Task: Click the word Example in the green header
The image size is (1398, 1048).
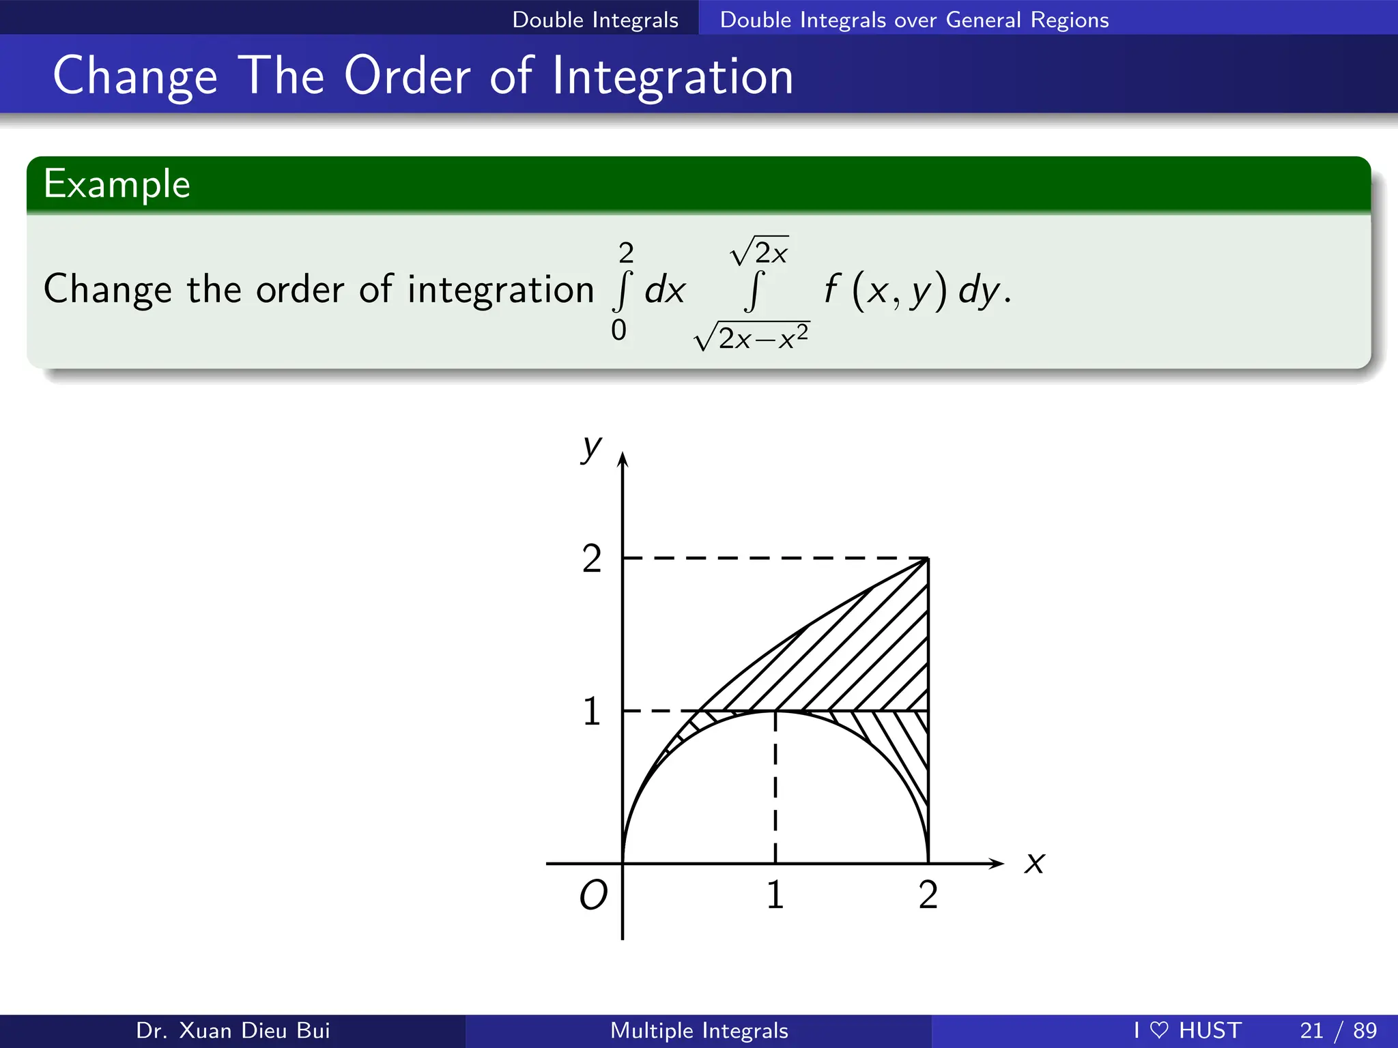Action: coord(117,184)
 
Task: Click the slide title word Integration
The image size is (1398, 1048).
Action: coord(672,76)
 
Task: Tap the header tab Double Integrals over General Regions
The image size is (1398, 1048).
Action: coord(914,20)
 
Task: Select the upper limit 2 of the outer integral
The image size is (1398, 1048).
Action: coord(626,253)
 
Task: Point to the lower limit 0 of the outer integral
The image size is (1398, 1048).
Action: coord(618,330)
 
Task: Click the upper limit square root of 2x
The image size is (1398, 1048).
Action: coord(760,252)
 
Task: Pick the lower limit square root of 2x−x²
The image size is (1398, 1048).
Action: coord(752,336)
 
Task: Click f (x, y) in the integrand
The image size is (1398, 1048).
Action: coord(885,289)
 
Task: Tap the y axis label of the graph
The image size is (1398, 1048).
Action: coord(591,448)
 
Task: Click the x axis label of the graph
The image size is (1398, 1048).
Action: coord(1034,863)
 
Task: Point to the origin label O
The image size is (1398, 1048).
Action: coord(593,894)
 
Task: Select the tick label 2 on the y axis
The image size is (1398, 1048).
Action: coord(592,559)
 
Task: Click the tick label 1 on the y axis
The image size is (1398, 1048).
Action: coord(592,712)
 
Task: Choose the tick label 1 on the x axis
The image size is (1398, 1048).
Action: coord(775,894)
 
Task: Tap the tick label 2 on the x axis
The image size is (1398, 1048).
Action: coord(928,894)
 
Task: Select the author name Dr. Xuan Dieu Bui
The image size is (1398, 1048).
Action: coord(233,1030)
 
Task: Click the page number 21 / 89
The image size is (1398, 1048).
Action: coord(1338,1030)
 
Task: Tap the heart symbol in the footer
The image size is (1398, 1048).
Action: coord(1159,1030)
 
